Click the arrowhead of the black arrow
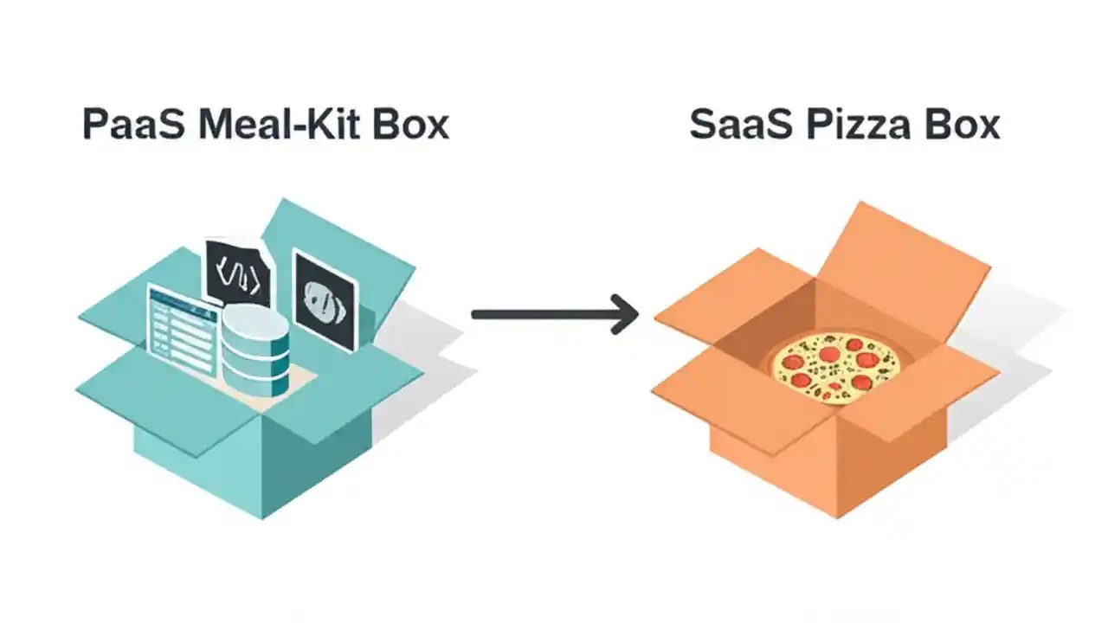click(625, 313)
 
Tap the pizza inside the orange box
click(836, 367)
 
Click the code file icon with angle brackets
click(236, 273)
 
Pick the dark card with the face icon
click(325, 300)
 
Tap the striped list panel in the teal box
click(183, 329)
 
